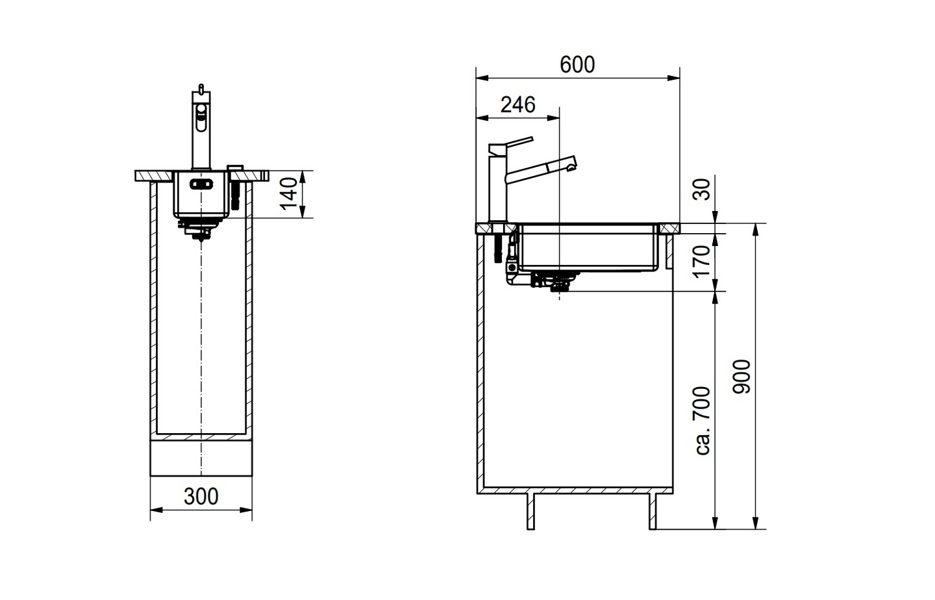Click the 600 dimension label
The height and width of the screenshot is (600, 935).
click(x=577, y=65)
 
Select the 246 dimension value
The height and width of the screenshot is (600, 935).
click(x=517, y=105)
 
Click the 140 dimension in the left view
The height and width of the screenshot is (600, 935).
click(x=290, y=193)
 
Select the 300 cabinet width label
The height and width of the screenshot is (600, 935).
click(x=201, y=497)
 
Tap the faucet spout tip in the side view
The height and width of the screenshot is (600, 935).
click(x=571, y=167)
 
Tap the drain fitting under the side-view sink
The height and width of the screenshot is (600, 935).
click(x=553, y=281)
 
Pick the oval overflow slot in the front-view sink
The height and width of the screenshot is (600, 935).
click(x=201, y=184)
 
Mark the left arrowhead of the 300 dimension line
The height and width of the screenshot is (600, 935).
click(x=155, y=510)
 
